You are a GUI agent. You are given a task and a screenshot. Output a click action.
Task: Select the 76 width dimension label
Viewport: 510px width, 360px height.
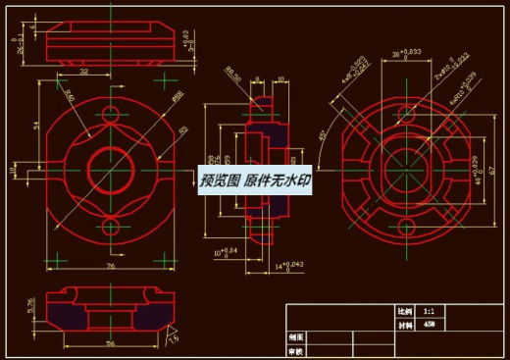(110, 266)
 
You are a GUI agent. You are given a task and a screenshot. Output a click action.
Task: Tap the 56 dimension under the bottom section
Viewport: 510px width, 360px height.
(110, 343)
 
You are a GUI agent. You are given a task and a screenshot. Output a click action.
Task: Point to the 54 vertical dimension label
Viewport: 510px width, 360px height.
(37, 127)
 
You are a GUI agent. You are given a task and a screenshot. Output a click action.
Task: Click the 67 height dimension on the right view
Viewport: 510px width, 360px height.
(492, 170)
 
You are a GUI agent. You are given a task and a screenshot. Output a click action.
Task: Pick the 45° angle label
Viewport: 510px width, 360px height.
(323, 135)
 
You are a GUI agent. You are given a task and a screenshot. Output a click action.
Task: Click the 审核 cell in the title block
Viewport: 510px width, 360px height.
(296, 350)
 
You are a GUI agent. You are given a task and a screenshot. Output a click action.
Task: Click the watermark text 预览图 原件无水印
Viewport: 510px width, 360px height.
(255, 181)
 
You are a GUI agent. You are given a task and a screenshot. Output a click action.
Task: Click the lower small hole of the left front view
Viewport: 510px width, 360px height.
(110, 228)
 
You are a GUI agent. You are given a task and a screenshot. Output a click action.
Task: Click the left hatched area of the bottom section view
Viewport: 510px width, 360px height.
(71, 317)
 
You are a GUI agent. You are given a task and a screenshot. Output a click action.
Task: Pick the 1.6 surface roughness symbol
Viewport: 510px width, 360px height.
(173, 336)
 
